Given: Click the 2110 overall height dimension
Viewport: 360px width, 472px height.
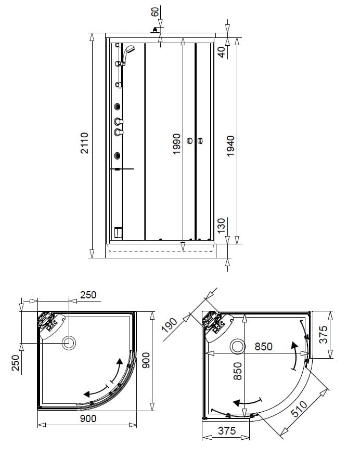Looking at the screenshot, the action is (x=85, y=143).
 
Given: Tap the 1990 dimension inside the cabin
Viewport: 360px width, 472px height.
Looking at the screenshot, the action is (x=176, y=144).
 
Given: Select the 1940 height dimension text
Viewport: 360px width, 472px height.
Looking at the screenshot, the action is (x=230, y=146).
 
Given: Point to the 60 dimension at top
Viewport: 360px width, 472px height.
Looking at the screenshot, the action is (x=155, y=12).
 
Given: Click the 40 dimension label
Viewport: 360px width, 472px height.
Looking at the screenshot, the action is (x=222, y=52).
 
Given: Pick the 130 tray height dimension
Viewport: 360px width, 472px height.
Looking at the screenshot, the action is (x=221, y=226).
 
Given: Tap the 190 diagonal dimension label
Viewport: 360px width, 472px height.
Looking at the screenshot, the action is (x=170, y=325).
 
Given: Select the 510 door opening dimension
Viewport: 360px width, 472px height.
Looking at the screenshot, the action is (x=299, y=409).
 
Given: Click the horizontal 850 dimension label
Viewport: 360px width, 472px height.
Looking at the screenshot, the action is (x=264, y=347).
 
